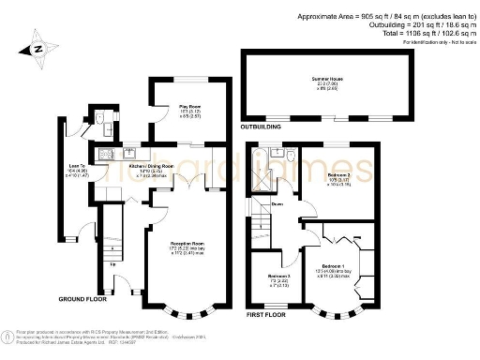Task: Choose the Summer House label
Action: (325, 81)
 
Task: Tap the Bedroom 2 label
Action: (338, 176)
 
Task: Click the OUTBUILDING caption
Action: (262, 125)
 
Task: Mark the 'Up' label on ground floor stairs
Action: (113, 264)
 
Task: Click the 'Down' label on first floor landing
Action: (277, 203)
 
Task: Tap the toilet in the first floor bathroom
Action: (291, 156)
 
